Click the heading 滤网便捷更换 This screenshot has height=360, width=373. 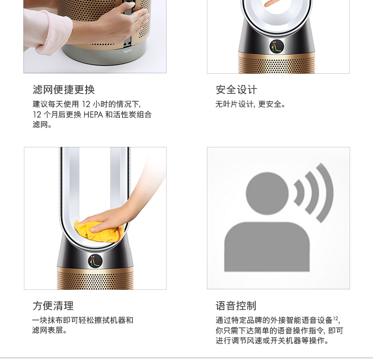(64, 90)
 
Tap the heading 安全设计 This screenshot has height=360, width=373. (236, 90)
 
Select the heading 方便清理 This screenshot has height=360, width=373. (53, 306)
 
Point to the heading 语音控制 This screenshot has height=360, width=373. (236, 306)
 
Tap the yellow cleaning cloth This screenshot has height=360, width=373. (99, 231)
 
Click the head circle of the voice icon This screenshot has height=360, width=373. (267, 193)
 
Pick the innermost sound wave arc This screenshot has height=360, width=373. (300, 193)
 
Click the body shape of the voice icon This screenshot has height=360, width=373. (267, 247)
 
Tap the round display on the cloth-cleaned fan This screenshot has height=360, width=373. (95, 261)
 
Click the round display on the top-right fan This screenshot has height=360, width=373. (277, 46)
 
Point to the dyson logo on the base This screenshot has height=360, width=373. (128, 51)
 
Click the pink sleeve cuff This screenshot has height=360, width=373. (49, 33)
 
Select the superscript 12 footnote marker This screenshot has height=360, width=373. (335, 318)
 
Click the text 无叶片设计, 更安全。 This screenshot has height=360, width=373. (250, 104)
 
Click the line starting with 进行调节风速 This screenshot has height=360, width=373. (273, 341)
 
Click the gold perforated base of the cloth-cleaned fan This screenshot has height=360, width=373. (95, 278)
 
